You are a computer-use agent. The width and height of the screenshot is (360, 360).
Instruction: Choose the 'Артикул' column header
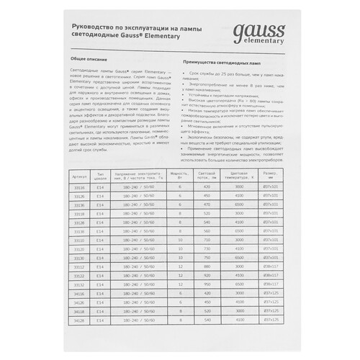pos(79,174)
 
